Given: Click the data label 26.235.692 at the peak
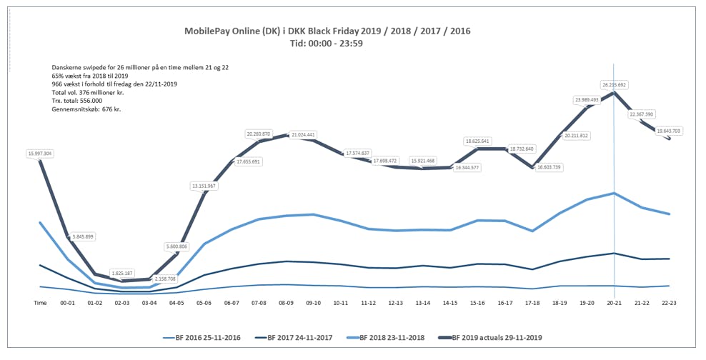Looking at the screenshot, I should coord(613,84).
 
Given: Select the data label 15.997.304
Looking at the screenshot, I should coord(41,153).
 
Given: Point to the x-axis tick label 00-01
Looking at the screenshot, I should coord(68,303).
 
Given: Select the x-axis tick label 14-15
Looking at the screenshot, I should coord(451,303).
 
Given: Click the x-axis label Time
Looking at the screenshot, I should coord(41,303).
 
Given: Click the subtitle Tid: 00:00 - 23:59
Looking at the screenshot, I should coord(327,44).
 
